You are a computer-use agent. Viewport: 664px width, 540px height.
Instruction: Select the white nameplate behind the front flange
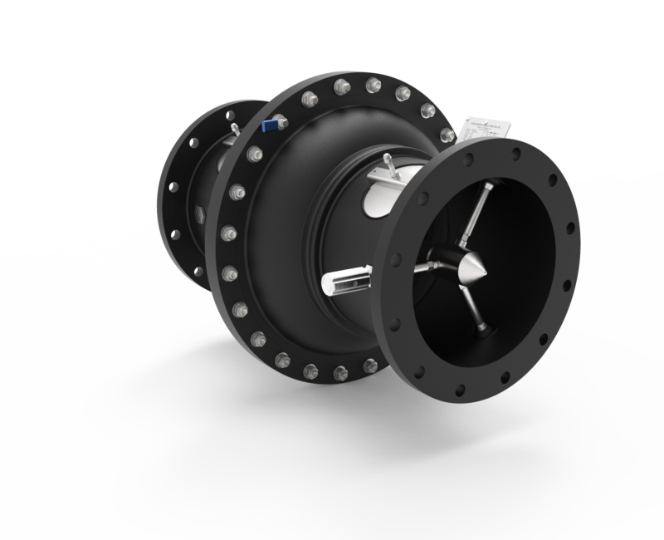(485, 133)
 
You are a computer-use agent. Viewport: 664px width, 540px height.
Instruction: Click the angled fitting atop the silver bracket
(389, 161)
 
